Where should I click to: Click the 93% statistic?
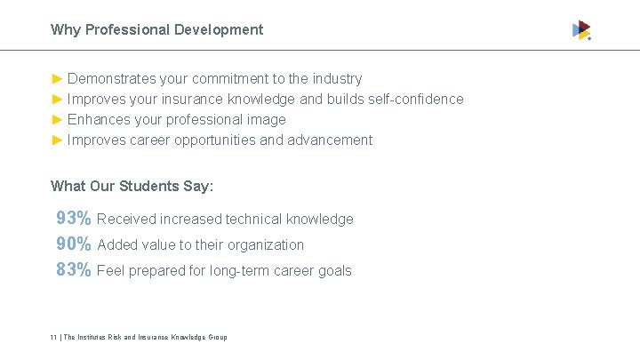tap(73, 218)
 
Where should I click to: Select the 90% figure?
tap(73, 244)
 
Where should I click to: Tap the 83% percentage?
tap(73, 269)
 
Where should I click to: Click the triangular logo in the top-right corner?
tap(581, 30)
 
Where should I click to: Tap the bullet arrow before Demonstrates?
tap(58, 79)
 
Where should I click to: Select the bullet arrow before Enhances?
tap(58, 119)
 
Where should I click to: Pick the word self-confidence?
tap(412, 99)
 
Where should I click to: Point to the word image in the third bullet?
tap(266, 119)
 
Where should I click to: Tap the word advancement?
tap(330, 140)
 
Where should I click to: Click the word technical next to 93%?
tap(254, 219)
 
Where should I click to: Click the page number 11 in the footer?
tap(53, 338)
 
